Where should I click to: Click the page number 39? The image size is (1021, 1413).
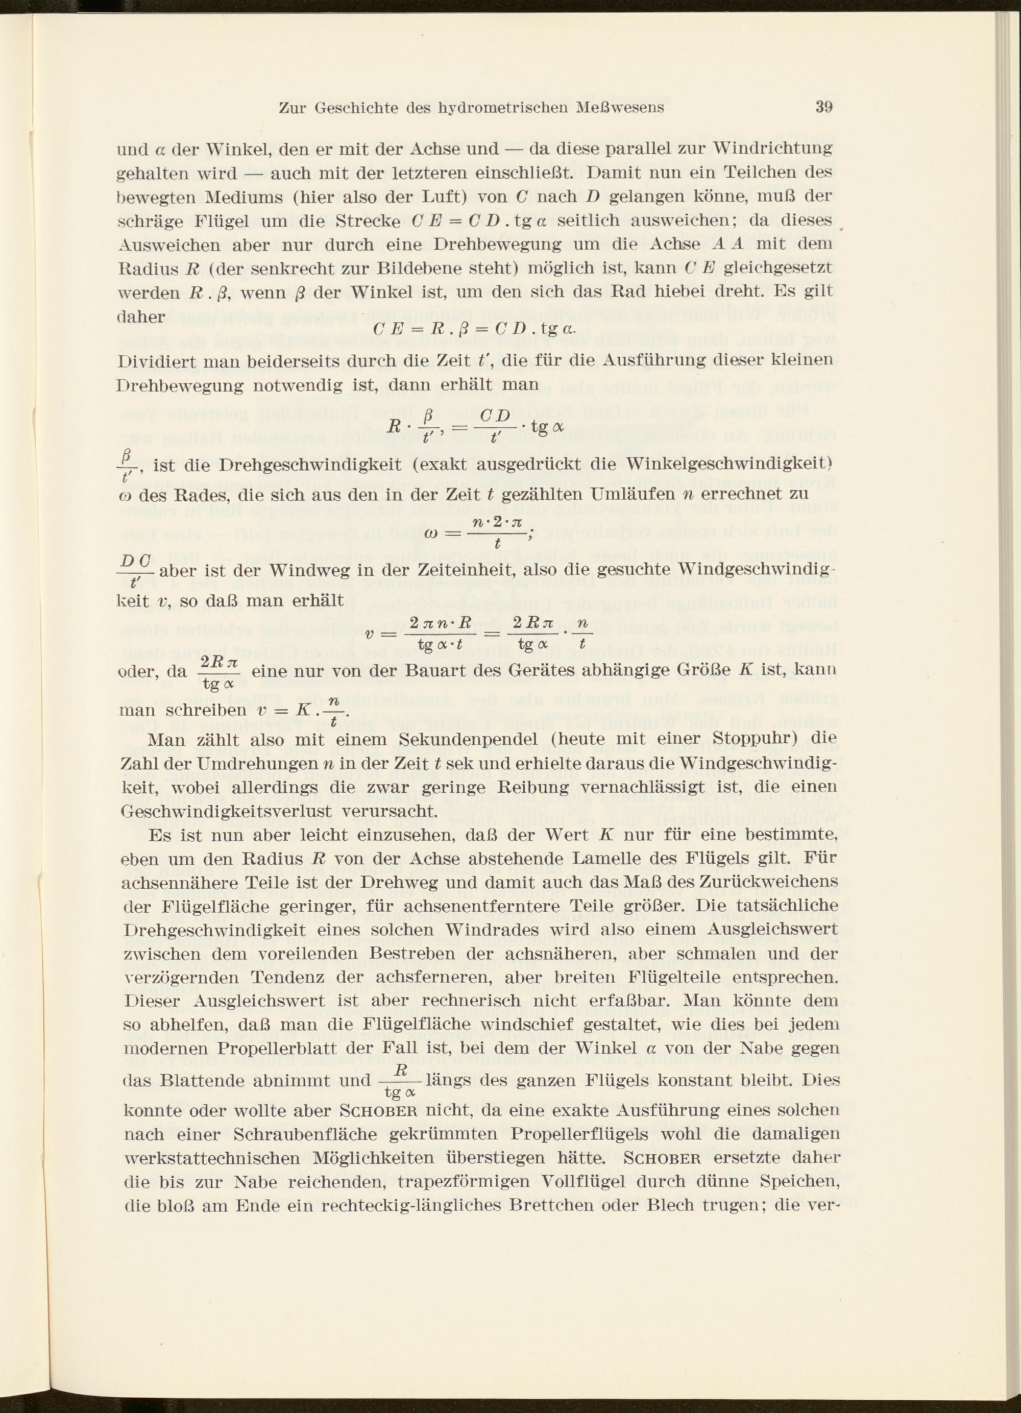[x=823, y=107]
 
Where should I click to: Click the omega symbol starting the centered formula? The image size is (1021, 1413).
[x=431, y=534]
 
